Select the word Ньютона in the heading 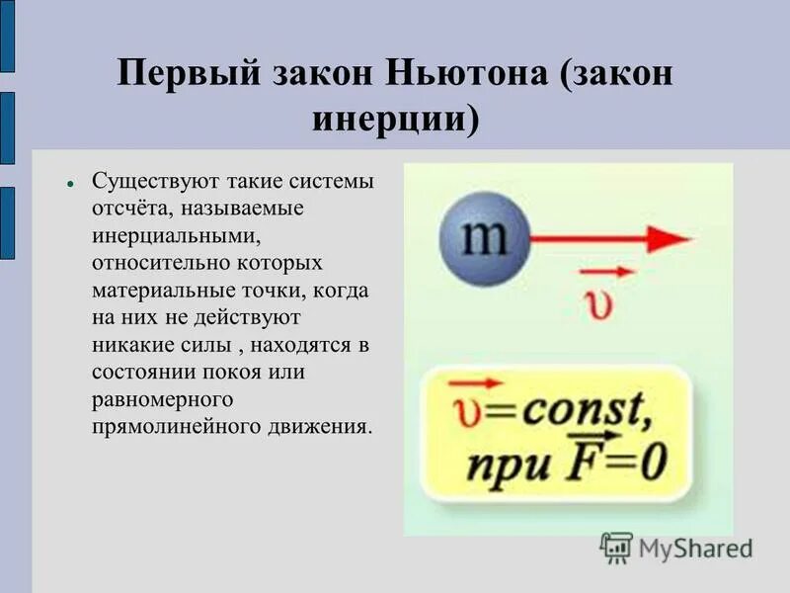tap(464, 76)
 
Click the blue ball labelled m tap(483, 239)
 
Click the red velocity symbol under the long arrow tap(599, 301)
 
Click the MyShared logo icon tap(616, 547)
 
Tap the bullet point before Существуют tap(71, 185)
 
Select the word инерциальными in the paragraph tap(161, 237)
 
